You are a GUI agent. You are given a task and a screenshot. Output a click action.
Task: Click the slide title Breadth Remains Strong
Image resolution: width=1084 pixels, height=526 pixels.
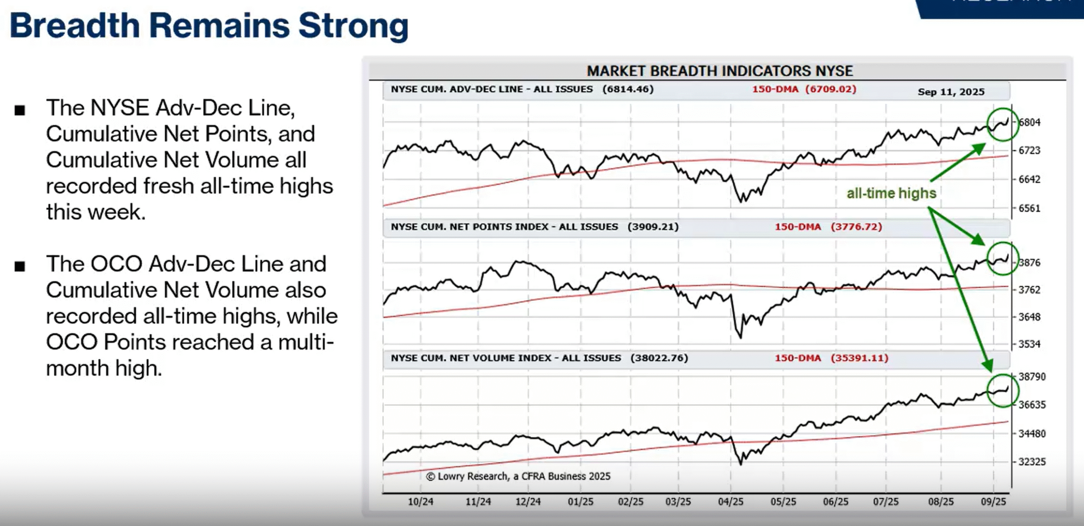[209, 26]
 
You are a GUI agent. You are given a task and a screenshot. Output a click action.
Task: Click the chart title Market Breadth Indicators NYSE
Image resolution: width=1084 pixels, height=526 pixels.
[719, 71]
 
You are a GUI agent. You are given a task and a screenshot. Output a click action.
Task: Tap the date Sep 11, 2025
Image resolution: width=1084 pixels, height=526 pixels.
[951, 92]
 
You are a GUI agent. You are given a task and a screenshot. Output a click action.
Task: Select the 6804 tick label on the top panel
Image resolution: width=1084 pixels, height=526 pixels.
[1029, 122]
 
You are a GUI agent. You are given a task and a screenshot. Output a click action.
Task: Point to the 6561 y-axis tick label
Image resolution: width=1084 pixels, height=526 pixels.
[1029, 208]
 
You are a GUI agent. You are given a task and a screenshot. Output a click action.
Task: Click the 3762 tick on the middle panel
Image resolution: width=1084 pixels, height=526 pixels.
[1029, 290]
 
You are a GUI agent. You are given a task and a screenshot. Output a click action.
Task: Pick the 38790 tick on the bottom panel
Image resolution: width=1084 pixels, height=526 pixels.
[1032, 377]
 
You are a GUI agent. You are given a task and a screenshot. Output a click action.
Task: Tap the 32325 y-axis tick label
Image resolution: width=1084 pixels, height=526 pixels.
[1032, 462]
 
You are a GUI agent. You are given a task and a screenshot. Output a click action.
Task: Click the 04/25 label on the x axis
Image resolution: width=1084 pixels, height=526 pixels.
[731, 502]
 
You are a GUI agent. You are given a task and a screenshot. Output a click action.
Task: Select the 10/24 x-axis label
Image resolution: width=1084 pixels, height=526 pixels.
[420, 502]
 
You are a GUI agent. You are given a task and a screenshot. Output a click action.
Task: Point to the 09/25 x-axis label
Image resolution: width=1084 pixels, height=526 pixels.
[993, 502]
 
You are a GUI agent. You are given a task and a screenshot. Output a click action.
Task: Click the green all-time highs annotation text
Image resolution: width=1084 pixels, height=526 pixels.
[891, 193]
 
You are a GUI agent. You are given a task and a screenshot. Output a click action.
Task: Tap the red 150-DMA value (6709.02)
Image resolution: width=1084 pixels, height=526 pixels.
[831, 89]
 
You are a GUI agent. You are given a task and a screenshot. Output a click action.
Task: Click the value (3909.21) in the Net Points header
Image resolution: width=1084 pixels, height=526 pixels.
[653, 227]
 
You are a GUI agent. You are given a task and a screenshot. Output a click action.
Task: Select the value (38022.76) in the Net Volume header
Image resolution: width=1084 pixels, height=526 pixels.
[659, 358]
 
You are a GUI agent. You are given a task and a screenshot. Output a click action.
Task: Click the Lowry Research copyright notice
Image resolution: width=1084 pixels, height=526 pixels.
[518, 476]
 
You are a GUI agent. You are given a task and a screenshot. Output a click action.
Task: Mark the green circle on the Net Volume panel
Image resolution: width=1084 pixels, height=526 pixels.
[1003, 390]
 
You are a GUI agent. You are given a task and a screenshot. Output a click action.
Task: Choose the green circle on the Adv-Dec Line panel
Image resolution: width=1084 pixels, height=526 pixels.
[1003, 124]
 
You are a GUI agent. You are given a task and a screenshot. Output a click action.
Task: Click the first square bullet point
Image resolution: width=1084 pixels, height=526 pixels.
[20, 110]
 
